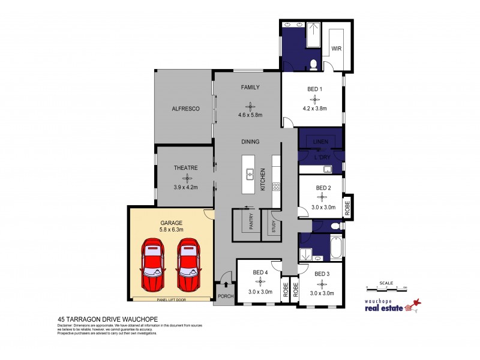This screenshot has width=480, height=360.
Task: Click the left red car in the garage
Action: point(152,264)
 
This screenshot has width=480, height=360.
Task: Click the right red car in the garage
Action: point(188,264)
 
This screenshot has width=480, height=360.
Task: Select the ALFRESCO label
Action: point(185,109)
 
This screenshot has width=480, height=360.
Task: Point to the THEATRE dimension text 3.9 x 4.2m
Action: point(185,187)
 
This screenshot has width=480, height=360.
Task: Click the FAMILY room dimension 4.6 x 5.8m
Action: point(250,115)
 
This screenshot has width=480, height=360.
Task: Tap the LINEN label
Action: point(322,142)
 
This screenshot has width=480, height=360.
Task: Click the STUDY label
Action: point(273,227)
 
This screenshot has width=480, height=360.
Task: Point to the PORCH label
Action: point(225,296)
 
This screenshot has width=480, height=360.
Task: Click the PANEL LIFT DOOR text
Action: point(170,298)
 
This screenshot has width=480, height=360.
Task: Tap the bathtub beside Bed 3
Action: point(336,247)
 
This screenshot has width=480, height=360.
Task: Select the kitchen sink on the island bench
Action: point(250,174)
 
